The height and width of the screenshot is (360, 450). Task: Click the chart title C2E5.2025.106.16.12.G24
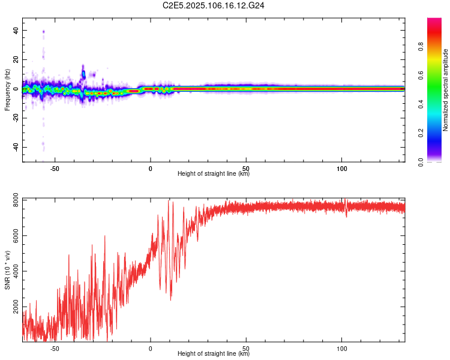coord(214,5)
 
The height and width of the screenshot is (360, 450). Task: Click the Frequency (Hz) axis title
coord(7,90)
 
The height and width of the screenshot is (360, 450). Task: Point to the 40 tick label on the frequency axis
coord(14,31)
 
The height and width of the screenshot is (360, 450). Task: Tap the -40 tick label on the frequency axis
coord(13,147)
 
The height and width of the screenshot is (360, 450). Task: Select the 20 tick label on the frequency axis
coord(14,60)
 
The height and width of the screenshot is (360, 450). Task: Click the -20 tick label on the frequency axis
coord(13,118)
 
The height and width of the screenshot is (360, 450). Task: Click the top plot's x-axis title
coord(214,174)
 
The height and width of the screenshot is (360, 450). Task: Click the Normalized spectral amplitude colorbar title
coord(446,90)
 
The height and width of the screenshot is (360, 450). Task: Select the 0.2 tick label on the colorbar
coord(438,133)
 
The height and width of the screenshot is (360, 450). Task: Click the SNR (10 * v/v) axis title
coord(7,270)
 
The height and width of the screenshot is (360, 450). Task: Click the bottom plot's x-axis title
coord(214,354)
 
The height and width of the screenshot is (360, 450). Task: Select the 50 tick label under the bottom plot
coord(246,347)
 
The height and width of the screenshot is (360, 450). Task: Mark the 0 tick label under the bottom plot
coord(151,347)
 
